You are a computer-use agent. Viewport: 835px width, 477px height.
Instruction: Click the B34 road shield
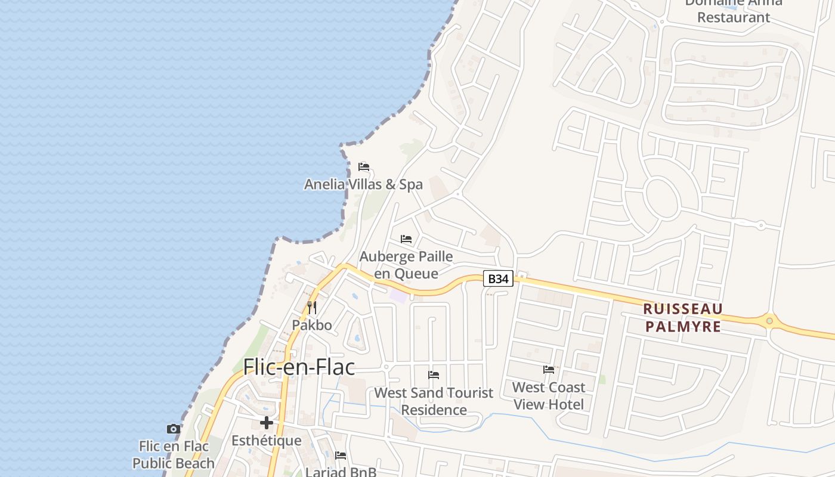497,278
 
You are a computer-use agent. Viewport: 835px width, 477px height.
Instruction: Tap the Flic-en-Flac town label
299,367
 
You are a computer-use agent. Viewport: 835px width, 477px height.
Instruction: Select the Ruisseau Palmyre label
683,318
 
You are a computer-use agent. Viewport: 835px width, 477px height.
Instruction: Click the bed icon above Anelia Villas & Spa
364,167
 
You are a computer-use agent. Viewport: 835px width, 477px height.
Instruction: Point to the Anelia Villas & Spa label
363,184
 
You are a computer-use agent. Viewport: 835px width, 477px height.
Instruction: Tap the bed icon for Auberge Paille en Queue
406,239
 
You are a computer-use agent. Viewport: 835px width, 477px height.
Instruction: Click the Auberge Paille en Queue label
406,265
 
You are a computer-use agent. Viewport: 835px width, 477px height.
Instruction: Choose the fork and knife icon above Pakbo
312,308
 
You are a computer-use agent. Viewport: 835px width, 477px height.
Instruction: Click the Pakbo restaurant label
312,325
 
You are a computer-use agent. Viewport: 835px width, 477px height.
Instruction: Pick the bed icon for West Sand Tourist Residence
434,375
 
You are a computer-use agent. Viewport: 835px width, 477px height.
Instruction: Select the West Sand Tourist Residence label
434,401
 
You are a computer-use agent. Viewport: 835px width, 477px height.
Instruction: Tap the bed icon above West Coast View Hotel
549,370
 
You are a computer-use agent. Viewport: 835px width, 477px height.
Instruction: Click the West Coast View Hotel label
549,395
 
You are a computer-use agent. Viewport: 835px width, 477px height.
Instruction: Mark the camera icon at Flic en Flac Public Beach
174,429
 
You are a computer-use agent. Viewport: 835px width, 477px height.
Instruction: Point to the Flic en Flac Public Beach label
174,454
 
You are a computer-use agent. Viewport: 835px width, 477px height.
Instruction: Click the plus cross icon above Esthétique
267,423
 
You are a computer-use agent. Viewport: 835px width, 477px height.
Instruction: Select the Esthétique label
267,441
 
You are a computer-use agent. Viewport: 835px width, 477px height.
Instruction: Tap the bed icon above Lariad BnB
341,456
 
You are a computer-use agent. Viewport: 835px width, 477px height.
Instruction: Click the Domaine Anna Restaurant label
734,11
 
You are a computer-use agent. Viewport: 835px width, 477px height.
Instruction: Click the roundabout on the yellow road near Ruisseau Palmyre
769,321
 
